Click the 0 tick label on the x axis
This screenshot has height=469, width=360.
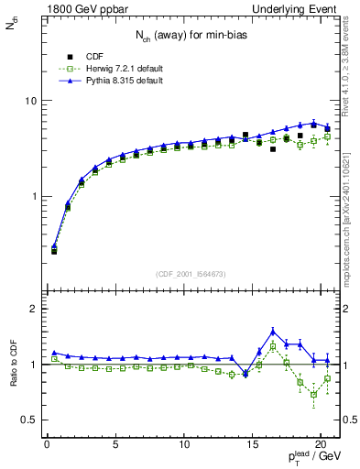tap(47, 446)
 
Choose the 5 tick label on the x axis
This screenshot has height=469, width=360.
tap(115, 446)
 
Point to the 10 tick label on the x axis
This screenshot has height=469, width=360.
tap(184, 446)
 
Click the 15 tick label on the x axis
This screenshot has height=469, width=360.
tap(253, 446)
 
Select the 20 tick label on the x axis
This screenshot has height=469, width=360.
tap(322, 446)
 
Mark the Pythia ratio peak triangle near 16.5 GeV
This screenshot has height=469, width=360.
tap(273, 332)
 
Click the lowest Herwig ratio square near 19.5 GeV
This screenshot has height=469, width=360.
tap(314, 395)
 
